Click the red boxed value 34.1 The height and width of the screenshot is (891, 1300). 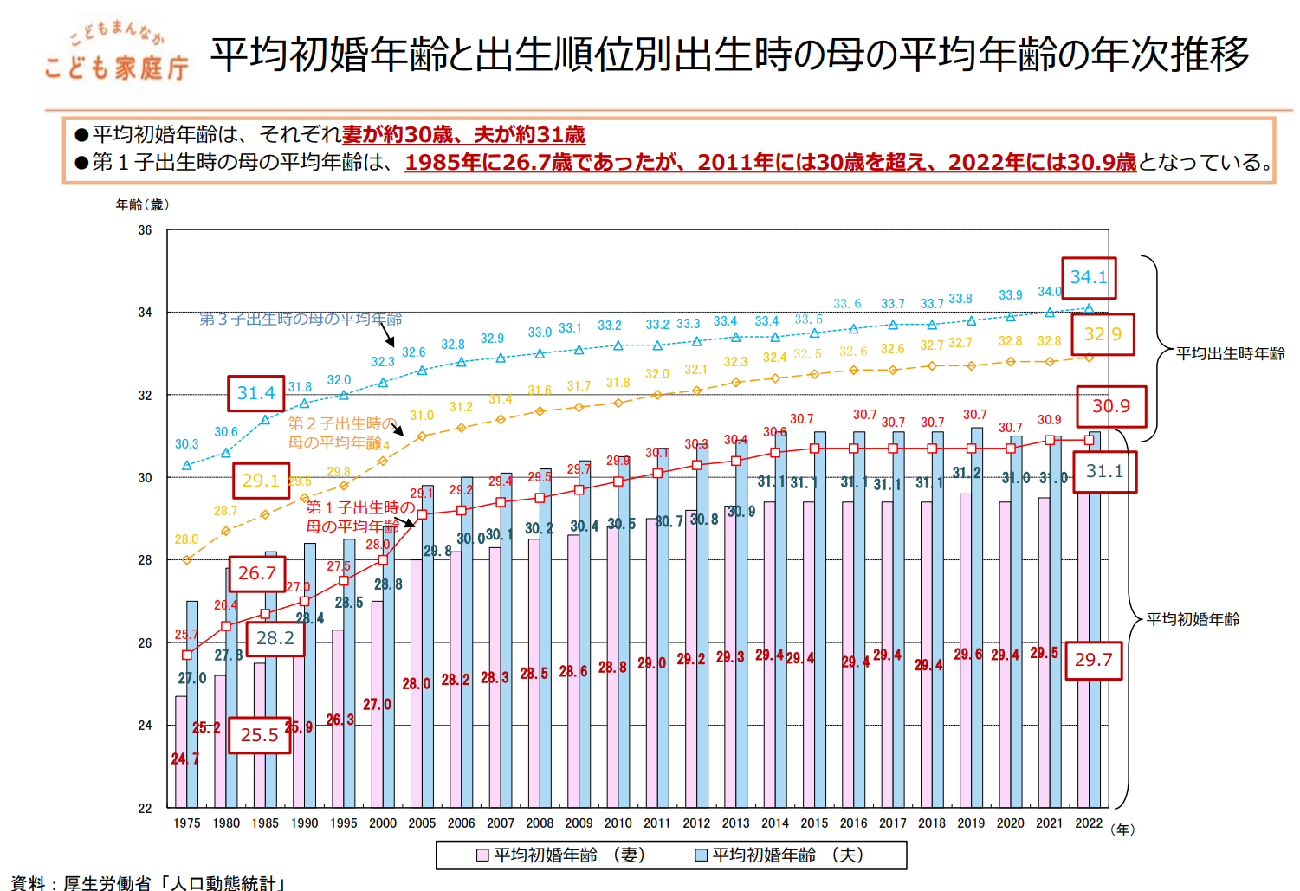pos(1089,278)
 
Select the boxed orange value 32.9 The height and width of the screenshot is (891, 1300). pos(1103,334)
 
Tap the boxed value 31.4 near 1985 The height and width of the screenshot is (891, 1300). pos(255,393)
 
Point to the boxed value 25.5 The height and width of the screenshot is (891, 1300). pos(259,735)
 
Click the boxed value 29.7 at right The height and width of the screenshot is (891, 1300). pos(1093,660)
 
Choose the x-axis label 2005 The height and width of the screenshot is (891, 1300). pos(422,823)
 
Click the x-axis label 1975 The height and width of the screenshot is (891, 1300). pos(186,823)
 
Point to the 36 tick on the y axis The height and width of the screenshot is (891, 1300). pos(145,230)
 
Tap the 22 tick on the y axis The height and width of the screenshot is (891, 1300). pos(145,808)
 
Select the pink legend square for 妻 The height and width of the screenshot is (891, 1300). pos(483,855)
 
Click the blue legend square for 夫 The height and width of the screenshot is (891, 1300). pos(702,855)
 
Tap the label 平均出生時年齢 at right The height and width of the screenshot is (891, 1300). pos(1230,353)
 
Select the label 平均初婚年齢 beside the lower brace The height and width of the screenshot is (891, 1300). pos(1193,619)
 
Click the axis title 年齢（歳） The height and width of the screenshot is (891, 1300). pos(142,204)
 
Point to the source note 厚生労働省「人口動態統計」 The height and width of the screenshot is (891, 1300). pos(173,882)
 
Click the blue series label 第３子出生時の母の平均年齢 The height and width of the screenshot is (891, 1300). pos(301,319)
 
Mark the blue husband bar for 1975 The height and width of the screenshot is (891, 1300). pos(192,705)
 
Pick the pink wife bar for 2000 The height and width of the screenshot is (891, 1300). pos(377,705)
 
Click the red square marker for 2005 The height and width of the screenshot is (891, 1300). pos(422,514)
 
